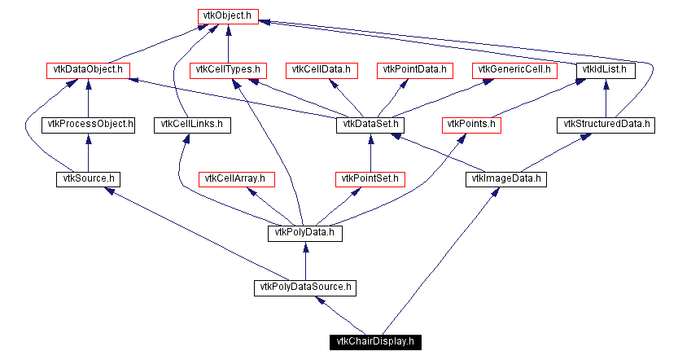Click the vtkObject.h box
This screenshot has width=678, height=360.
tap(228, 16)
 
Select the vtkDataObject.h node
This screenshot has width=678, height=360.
tap(88, 71)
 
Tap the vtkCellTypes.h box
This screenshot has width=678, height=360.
tap(228, 71)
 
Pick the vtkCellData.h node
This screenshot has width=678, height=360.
tap(322, 71)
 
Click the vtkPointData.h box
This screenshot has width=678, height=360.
tap(414, 71)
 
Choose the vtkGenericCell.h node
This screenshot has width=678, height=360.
tap(514, 71)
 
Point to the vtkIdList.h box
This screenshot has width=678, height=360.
tap(606, 71)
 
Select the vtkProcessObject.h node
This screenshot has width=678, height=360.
tap(88, 125)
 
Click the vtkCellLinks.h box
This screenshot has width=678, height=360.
tap(192, 125)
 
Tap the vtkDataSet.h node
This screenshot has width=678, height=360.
tap(370, 125)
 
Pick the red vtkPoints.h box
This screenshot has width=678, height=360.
tap(471, 125)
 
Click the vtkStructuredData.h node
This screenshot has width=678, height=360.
tap(606, 125)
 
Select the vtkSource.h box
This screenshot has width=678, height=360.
tap(88, 179)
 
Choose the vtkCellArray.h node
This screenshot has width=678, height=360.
tap(237, 179)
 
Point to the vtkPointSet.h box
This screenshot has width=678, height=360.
tap(370, 179)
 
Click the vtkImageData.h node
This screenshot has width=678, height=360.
tap(506, 179)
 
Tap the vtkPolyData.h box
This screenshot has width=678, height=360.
tap(305, 234)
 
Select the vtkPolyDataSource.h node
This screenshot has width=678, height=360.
tap(305, 288)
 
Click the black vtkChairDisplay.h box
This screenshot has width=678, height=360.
tap(375, 342)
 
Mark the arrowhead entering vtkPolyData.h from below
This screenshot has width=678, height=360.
tap(305, 247)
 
